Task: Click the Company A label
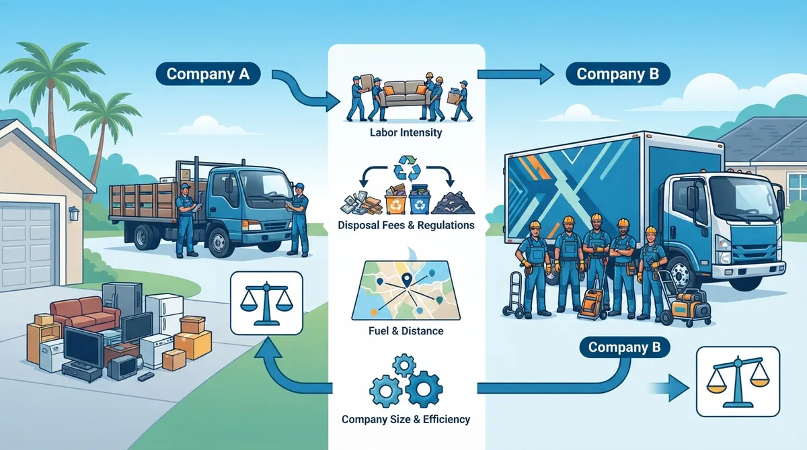pyautogui.click(x=208, y=74)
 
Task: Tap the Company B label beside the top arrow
pyautogui.click(x=618, y=74)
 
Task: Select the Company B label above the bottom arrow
pyautogui.click(x=625, y=347)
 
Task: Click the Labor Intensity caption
pyautogui.click(x=406, y=132)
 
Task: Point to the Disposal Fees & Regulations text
pyautogui.click(x=406, y=225)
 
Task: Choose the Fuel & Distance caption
pyautogui.click(x=406, y=330)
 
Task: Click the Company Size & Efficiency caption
pyautogui.click(x=406, y=419)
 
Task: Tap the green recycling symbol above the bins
pyautogui.click(x=407, y=167)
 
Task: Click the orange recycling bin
pyautogui.click(x=396, y=203)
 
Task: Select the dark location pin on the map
pyautogui.click(x=407, y=279)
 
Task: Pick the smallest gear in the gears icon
pyautogui.click(x=404, y=366)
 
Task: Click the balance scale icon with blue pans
pyautogui.click(x=266, y=303)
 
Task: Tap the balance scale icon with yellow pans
pyautogui.click(x=738, y=381)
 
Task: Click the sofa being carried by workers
pyautogui.click(x=406, y=95)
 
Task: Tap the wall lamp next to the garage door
pyautogui.click(x=74, y=214)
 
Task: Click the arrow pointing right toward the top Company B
pyautogui.click(x=516, y=74)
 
